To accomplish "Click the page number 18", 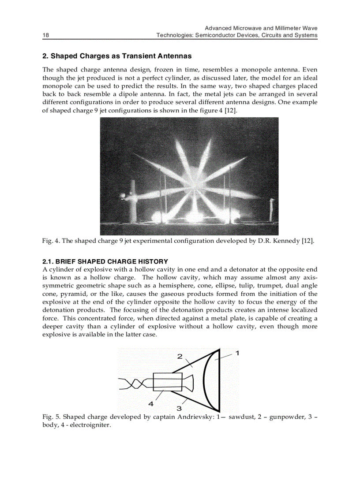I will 45,35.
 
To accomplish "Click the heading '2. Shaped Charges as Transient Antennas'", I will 117,56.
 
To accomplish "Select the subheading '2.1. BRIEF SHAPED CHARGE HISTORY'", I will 105,261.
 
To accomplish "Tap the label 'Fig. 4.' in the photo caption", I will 51,241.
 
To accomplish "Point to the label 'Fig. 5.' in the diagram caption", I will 51,417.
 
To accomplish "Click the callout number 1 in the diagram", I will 237,353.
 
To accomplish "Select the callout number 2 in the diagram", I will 180,356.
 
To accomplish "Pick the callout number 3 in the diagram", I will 179,408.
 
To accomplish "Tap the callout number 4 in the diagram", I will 151,403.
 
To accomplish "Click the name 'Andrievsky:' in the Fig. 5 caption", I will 195,417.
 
